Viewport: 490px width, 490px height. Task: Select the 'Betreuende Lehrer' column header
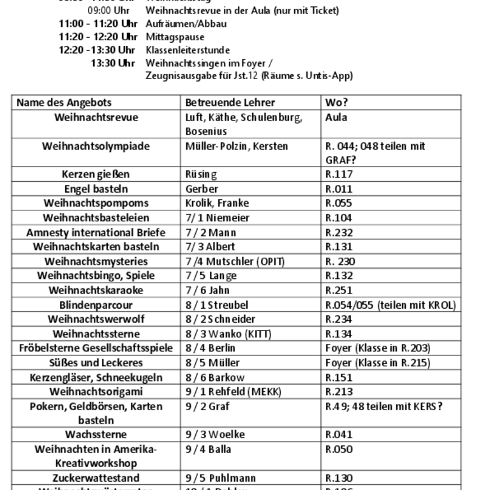(230, 103)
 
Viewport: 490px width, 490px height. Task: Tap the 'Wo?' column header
(336, 103)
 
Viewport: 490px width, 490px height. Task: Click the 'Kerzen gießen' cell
(96, 174)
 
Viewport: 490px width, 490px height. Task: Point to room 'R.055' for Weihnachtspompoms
(339, 204)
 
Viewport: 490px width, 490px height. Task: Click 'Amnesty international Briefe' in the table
(96, 232)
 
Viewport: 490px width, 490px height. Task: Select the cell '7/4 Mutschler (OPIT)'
(235, 262)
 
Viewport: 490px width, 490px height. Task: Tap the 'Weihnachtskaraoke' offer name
(96, 290)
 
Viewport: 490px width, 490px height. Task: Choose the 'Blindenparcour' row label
(96, 305)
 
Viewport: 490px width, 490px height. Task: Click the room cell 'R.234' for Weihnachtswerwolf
(339, 320)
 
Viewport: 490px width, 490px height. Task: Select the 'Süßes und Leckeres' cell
(96, 363)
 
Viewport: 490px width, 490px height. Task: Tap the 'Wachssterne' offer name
(96, 435)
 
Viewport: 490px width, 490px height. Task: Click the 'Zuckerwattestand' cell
(96, 479)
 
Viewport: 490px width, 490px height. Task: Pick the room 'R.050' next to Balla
(339, 450)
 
